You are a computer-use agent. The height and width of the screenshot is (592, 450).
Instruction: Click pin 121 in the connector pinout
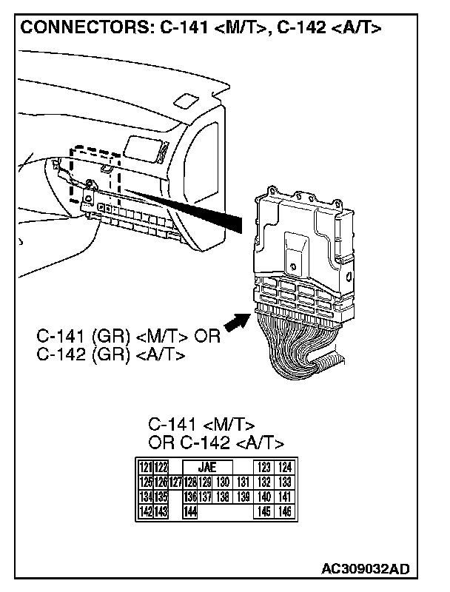[145, 467]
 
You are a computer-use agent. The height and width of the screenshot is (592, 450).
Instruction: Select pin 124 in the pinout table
[285, 467]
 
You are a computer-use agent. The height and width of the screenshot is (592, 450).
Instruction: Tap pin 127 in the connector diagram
[175, 482]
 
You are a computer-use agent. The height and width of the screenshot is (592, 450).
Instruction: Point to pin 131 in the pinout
[242, 482]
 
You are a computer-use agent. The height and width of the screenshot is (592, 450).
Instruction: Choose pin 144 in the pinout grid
[191, 511]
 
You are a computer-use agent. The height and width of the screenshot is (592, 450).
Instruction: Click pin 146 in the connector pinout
[285, 511]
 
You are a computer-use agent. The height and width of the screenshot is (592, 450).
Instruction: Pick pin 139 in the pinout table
[242, 497]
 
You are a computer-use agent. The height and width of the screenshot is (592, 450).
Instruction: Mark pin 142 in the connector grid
[145, 511]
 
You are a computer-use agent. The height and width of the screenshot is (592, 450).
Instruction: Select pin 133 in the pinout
[285, 482]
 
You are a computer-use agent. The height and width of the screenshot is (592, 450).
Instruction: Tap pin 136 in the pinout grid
[190, 497]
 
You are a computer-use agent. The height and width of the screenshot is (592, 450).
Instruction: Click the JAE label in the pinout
[206, 467]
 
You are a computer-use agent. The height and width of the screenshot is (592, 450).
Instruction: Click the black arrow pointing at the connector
[235, 323]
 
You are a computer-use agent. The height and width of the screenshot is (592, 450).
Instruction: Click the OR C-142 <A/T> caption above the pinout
[216, 443]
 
